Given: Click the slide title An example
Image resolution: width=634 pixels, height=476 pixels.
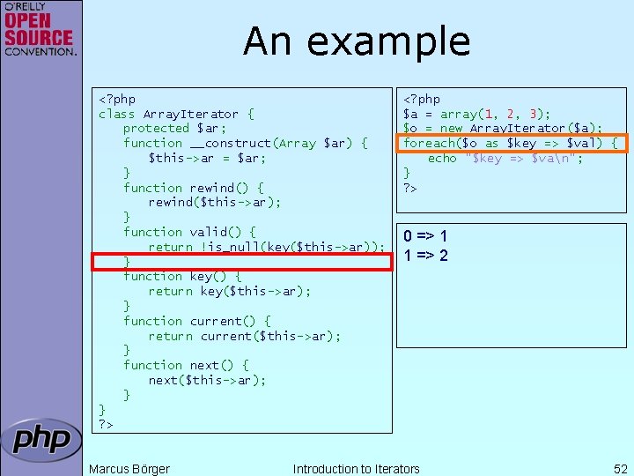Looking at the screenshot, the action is (357, 41).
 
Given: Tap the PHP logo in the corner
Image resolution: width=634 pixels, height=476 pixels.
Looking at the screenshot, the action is (41, 440).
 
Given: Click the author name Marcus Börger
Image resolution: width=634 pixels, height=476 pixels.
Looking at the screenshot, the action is (129, 469).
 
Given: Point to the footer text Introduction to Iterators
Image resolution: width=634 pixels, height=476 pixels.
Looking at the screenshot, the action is (356, 469).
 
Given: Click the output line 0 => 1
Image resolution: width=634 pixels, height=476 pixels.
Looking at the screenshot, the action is (425, 236).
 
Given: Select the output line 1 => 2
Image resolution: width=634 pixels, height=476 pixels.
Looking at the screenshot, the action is (425, 256).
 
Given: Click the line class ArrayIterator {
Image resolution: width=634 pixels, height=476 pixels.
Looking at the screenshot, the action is (176, 114).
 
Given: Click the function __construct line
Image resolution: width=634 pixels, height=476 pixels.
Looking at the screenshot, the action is (245, 143).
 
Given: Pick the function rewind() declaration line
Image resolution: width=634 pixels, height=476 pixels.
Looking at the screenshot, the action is (194, 188).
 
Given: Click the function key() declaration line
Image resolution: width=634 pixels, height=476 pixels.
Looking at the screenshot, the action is (182, 276).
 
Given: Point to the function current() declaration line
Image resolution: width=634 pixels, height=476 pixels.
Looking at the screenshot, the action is (197, 321).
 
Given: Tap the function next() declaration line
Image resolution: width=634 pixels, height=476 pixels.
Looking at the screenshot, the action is (186, 365).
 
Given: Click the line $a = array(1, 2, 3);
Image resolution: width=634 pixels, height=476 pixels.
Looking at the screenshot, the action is (476, 114).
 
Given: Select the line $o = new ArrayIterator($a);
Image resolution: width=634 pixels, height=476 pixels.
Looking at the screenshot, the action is (502, 128).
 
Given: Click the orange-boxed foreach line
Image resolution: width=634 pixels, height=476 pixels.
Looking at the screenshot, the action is (510, 143).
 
